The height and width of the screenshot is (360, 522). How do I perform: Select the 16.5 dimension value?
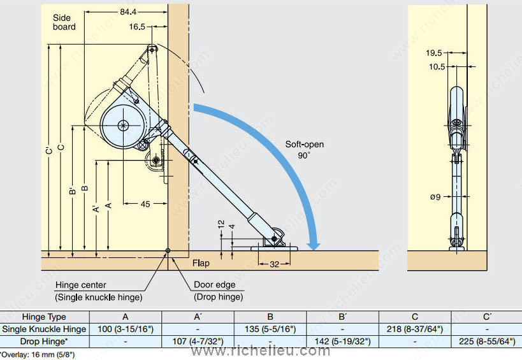(136, 27)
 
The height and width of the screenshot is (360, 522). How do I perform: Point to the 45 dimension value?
(145, 204)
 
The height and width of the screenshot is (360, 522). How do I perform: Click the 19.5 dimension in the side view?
(435, 54)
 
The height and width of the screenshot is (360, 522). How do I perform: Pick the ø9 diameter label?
(435, 196)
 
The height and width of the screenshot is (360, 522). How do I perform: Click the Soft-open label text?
(304, 144)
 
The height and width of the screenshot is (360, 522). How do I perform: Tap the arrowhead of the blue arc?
(312, 244)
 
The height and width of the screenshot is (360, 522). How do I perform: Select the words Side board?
(64, 22)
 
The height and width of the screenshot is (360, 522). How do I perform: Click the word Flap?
(201, 263)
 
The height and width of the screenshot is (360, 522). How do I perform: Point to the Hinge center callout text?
(81, 285)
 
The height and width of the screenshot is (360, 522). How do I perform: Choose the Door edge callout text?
(215, 285)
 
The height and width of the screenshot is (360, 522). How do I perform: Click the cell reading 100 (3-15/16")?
(126, 329)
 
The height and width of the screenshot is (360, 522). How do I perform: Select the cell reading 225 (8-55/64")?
(487, 341)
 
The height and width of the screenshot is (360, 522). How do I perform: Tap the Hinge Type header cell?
(44, 317)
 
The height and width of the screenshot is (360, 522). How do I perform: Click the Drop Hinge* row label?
(44, 341)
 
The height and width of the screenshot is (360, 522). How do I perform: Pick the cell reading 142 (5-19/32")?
(342, 341)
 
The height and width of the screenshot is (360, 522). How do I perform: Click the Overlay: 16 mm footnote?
(38, 354)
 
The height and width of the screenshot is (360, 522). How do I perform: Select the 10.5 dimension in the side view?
(437, 67)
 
